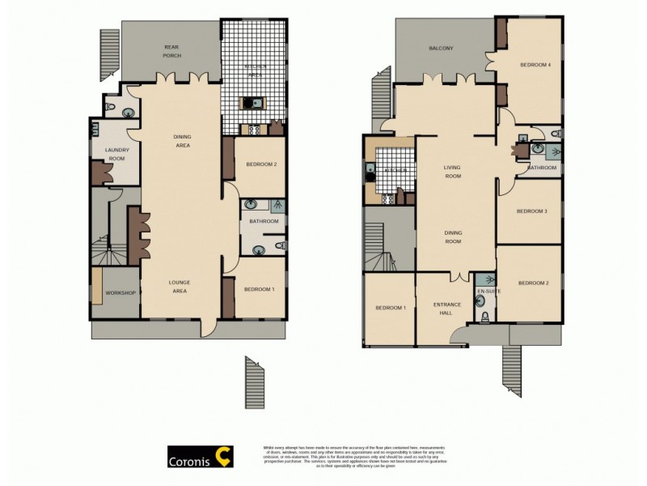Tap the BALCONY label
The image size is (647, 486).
click(441, 49)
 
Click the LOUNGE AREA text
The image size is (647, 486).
click(179, 286)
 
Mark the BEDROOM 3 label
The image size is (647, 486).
click(533, 211)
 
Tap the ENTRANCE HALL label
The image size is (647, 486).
click(447, 309)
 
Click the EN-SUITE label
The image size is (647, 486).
click(486, 290)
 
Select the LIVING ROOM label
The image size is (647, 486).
click(452, 172)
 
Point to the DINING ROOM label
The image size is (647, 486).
click(453, 237)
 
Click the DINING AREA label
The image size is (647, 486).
click(182, 141)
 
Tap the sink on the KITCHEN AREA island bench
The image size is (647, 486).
click(251, 103)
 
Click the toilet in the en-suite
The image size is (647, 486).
click(484, 317)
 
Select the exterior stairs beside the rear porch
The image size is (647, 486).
click(108, 53)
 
